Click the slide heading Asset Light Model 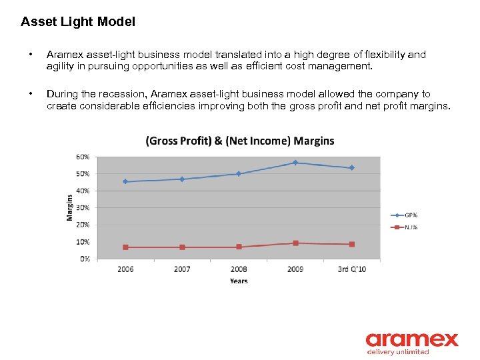point(78,22)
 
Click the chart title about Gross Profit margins point(240,141)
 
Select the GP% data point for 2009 point(295,163)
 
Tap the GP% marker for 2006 point(125,181)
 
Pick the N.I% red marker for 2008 point(239,247)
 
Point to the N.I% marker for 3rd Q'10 point(352,245)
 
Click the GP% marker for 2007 point(182,179)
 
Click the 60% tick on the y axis point(83,157)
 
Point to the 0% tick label point(85,259)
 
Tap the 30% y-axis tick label point(83,208)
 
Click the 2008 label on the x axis point(239,269)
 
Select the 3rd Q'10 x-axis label point(351,269)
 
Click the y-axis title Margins point(69,207)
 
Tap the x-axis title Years point(239,281)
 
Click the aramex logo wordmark point(411,339)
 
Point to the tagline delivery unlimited point(398,351)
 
